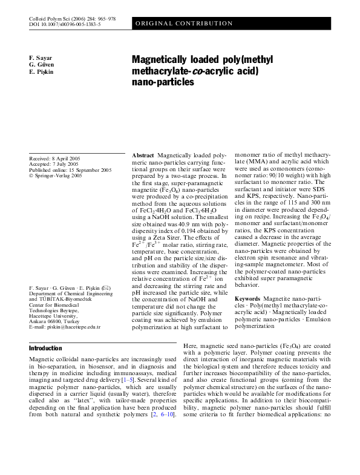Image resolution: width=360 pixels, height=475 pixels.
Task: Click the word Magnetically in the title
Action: (x=163, y=61)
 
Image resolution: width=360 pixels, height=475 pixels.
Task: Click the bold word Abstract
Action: (x=143, y=156)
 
